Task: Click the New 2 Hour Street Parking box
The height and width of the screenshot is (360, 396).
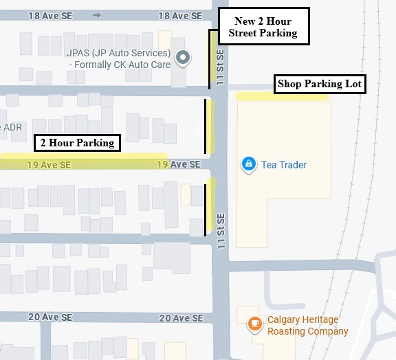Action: pyautogui.click(x=263, y=27)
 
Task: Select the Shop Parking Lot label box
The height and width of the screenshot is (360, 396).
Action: pyautogui.click(x=319, y=85)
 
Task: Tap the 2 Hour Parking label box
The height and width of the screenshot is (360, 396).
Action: pyautogui.click(x=77, y=143)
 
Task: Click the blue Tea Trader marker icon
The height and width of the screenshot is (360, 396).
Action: pyautogui.click(x=247, y=164)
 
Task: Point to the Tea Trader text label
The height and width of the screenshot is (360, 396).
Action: pyautogui.click(x=284, y=165)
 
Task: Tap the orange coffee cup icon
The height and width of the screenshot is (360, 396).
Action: pyautogui.click(x=254, y=322)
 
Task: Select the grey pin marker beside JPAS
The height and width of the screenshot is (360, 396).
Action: pyautogui.click(x=181, y=59)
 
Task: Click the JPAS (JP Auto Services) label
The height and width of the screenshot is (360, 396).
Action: pyautogui.click(x=118, y=54)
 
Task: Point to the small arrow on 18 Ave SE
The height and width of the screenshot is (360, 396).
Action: pyautogui.click(x=96, y=15)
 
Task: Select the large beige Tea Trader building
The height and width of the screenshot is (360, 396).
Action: pyautogui.click(x=283, y=199)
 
